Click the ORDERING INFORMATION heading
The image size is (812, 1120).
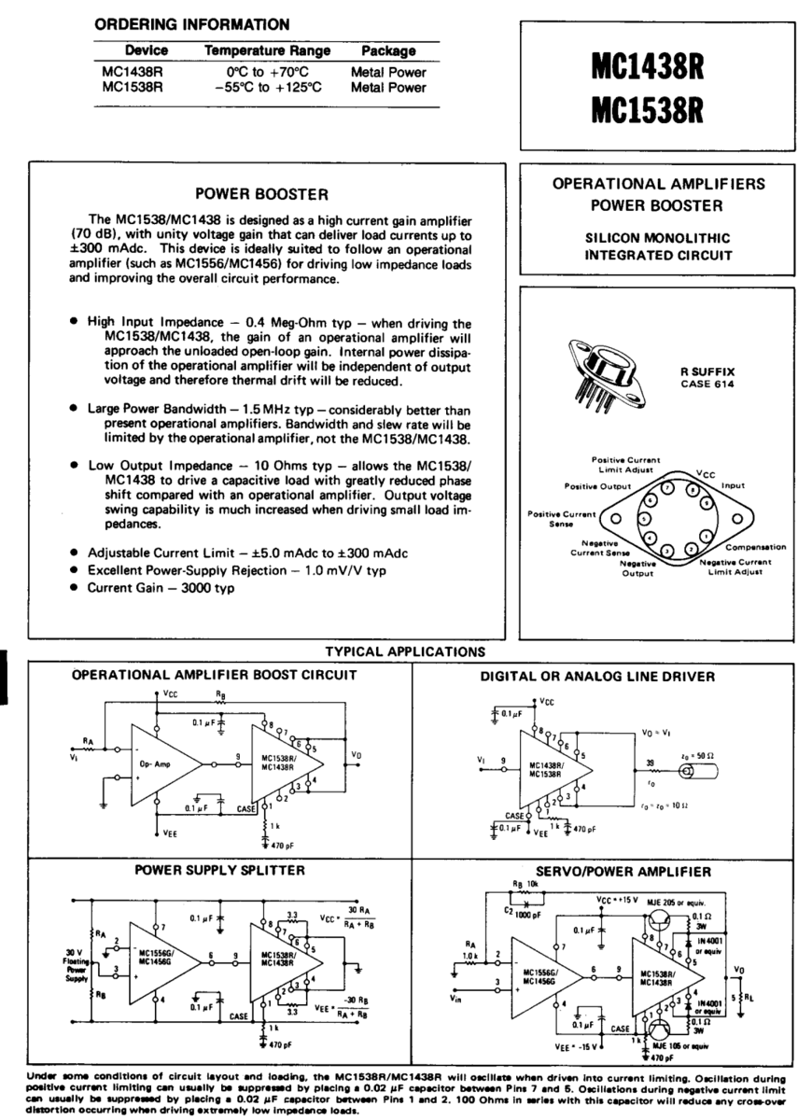192,23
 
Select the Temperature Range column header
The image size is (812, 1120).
255,50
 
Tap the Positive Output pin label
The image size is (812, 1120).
598,486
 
